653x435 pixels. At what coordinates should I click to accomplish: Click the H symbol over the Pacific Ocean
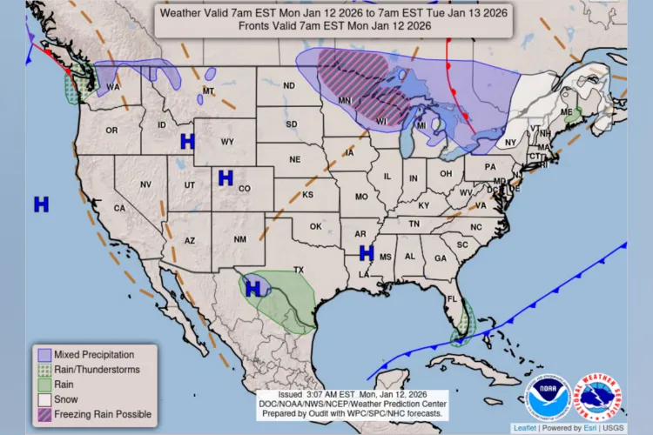point(41,204)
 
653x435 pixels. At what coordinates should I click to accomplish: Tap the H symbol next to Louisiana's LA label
point(367,253)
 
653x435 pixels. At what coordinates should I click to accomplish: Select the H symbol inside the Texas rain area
point(253,288)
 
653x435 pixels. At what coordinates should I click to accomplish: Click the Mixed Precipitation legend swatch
point(43,355)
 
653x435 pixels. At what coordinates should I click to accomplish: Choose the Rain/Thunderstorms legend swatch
point(43,370)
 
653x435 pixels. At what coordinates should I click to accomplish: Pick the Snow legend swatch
point(43,399)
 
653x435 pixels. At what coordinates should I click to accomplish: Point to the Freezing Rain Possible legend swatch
point(43,414)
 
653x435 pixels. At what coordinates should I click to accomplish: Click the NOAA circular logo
point(548,398)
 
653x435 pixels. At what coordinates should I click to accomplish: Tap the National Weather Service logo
point(600,398)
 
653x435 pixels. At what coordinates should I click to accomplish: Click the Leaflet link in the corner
point(525,428)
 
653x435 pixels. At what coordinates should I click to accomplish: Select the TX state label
point(298,270)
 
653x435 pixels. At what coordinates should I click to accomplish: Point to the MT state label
point(208,90)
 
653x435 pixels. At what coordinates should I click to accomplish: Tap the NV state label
point(145,184)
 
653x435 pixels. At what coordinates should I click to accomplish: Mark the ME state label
point(565,112)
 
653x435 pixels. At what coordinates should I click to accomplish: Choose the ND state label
point(288,85)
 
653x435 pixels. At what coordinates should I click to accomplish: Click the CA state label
point(119,208)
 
